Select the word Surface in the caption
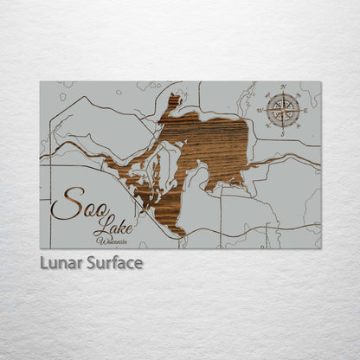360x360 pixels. (x=114, y=263)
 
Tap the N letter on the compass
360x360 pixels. (x=282, y=86)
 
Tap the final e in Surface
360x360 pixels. (x=138, y=263)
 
